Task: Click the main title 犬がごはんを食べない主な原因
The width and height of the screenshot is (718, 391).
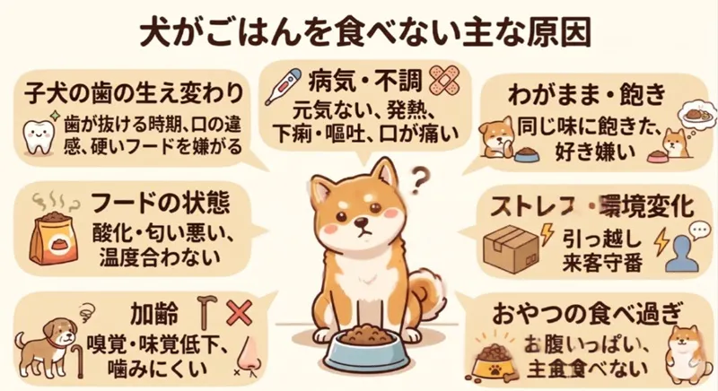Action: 358,29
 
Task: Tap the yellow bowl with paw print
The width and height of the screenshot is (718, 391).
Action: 492,369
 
